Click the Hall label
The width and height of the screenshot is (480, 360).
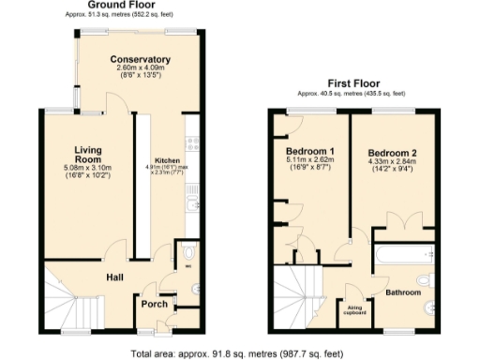(115, 277)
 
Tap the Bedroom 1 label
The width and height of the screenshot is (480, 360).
(310, 151)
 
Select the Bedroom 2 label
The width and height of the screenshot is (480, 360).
(392, 153)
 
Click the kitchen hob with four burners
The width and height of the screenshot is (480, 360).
(194, 143)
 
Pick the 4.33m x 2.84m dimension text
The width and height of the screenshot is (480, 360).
(392, 163)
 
